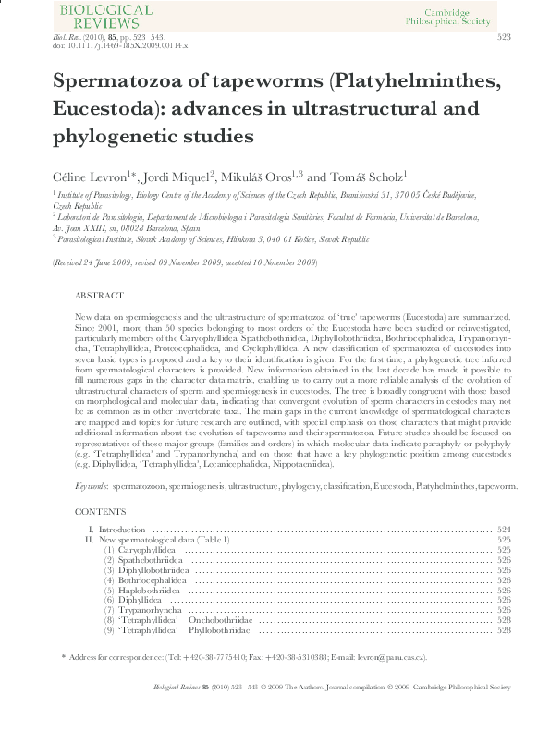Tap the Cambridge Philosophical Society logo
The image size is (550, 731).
tap(471, 15)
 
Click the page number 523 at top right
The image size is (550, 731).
tap(505, 37)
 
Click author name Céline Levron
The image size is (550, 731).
tap(82, 176)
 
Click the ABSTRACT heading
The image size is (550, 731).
tap(98, 296)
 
